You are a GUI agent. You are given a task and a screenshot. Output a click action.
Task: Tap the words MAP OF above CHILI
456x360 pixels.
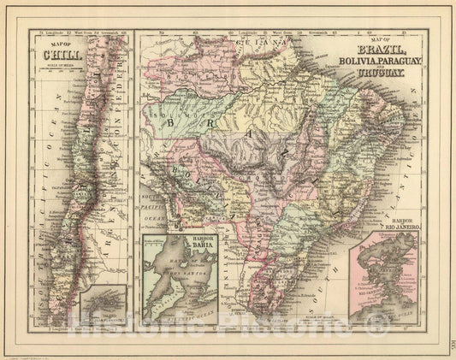pos(57,50)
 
